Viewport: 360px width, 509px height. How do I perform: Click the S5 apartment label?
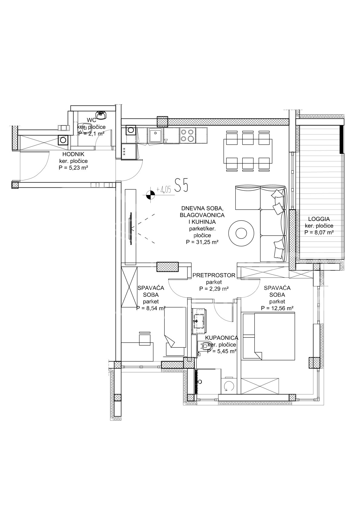pyautogui.click(x=181, y=185)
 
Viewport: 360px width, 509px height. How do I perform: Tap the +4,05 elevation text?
pyautogui.click(x=163, y=190)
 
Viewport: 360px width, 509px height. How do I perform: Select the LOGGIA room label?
pyautogui.click(x=319, y=219)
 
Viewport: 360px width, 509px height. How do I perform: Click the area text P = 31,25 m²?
pyautogui.click(x=202, y=242)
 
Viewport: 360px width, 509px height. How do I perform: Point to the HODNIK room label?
pyautogui.click(x=73, y=154)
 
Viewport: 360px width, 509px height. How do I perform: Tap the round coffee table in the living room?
pyautogui.click(x=241, y=233)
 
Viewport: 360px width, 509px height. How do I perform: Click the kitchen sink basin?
pyautogui.click(x=155, y=135)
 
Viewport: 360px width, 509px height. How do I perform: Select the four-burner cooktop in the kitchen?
pyautogui.click(x=187, y=135)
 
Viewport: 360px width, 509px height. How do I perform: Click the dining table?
pyautogui.click(x=248, y=151)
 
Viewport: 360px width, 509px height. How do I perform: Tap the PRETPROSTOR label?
pyautogui.click(x=214, y=275)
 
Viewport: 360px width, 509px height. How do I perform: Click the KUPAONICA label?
pyautogui.click(x=221, y=338)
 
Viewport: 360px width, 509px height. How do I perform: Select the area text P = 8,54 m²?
pyautogui.click(x=151, y=308)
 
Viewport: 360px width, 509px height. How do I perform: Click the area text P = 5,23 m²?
pyautogui.click(x=73, y=168)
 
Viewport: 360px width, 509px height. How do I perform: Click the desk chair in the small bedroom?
pyautogui.click(x=145, y=338)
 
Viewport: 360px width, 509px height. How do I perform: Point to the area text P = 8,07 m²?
pyautogui.click(x=319, y=232)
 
